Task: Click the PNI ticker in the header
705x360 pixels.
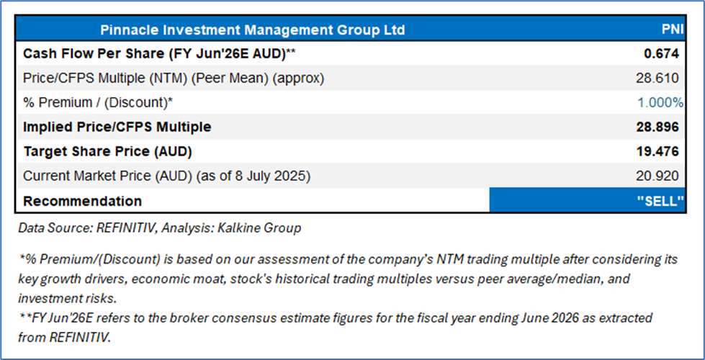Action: tap(673, 30)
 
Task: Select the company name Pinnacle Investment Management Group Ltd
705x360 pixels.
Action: tap(252, 30)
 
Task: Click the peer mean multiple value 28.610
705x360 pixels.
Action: tap(657, 78)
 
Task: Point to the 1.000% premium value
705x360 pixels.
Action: tap(660, 103)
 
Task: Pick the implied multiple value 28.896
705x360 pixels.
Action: tap(657, 127)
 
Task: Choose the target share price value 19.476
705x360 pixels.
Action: tap(657, 152)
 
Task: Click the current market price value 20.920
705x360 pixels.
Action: tap(657, 176)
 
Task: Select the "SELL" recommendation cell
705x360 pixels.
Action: tap(587, 200)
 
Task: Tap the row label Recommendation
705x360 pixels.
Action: tap(82, 201)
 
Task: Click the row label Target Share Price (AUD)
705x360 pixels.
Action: tap(107, 152)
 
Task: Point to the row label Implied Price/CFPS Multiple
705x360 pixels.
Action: tap(117, 127)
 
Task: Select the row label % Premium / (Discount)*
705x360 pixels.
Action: tap(98, 103)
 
